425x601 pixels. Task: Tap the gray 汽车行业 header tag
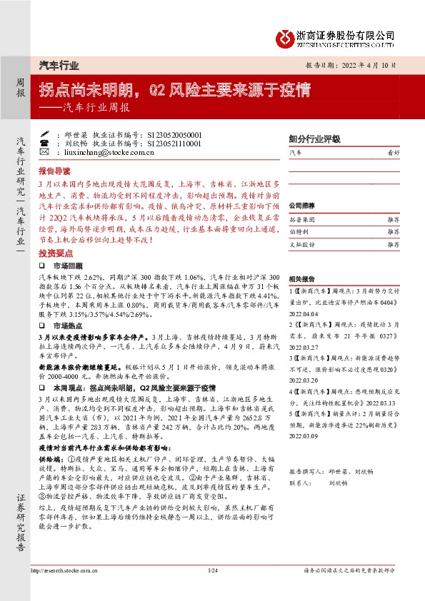tap(58, 64)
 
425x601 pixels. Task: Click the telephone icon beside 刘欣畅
tap(44, 143)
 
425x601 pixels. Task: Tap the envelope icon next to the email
tap(44, 152)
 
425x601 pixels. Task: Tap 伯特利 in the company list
tap(300, 233)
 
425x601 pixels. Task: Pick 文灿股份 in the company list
tap(303, 244)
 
